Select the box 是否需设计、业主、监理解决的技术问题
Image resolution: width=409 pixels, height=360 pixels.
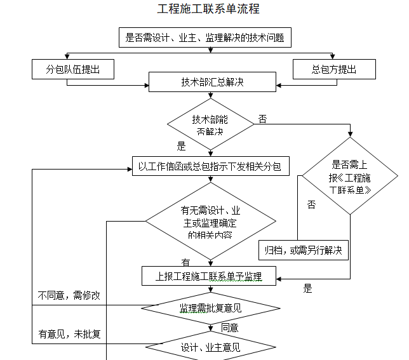click(204, 38)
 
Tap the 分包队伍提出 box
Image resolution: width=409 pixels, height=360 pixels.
click(73, 69)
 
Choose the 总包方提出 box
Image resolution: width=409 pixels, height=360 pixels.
click(333, 69)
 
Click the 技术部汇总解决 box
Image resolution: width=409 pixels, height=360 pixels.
click(212, 82)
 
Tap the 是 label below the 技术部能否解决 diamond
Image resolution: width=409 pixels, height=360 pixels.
click(181, 146)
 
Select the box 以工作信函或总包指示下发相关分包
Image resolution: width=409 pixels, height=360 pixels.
click(211, 166)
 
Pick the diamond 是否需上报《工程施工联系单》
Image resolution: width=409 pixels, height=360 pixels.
click(349, 177)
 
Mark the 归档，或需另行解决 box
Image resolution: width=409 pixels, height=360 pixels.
click(303, 250)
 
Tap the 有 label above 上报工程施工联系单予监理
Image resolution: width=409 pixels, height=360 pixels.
click(185, 262)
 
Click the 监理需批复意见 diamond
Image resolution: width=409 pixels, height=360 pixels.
click(210, 309)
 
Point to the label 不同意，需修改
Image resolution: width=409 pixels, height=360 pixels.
click(69, 296)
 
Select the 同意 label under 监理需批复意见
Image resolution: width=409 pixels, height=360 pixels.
click(230, 328)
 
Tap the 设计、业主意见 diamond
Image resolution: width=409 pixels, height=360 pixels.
click(210, 347)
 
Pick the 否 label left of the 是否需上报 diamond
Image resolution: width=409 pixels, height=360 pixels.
click(311, 204)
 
